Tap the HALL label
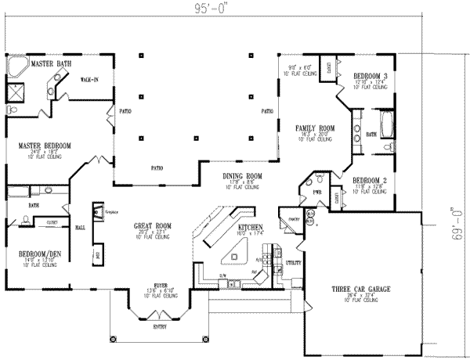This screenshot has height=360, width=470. (80, 228)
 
